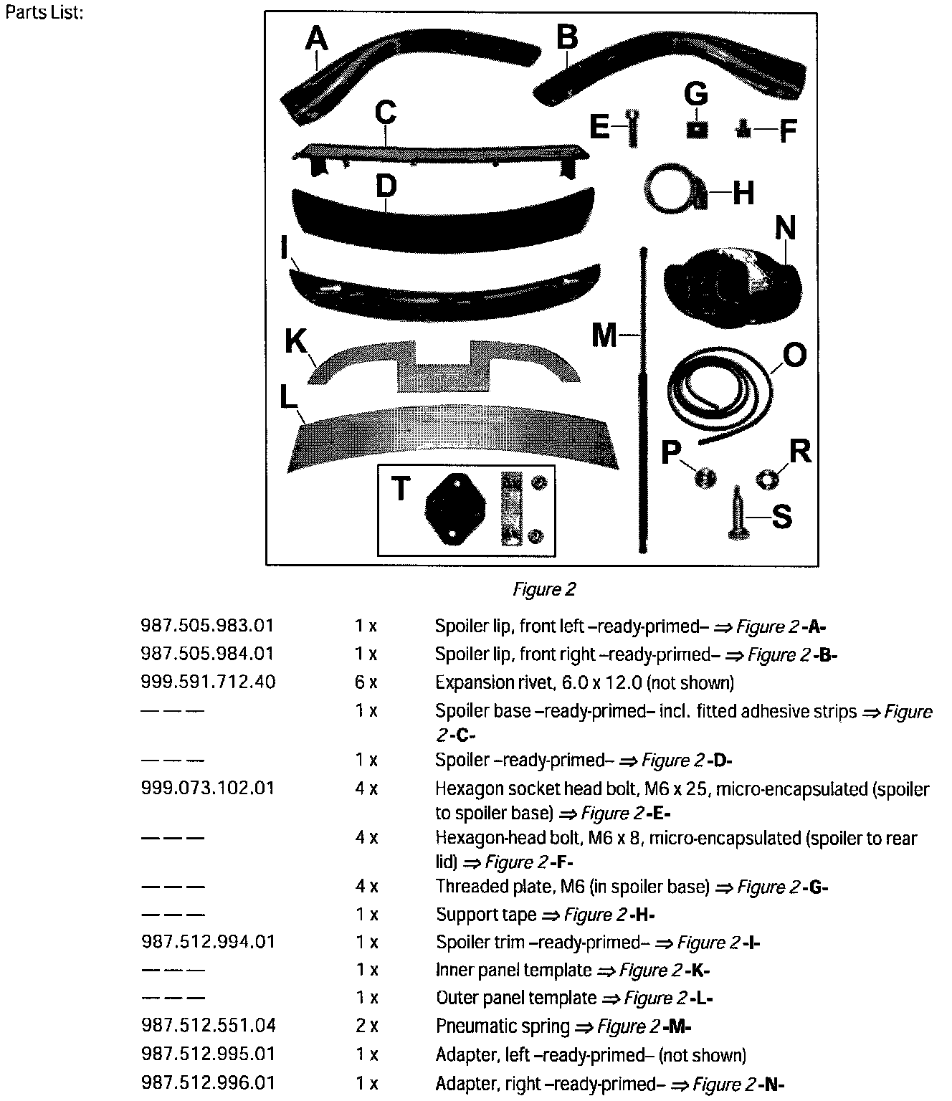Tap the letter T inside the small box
(401, 490)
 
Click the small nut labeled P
(705, 477)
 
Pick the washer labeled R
(766, 477)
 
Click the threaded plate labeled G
(696, 130)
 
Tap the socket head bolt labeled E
(632, 128)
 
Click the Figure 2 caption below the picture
(544, 589)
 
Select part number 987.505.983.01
(207, 626)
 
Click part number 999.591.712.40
(207, 682)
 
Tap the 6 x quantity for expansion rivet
(366, 682)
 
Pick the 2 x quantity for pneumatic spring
(366, 1026)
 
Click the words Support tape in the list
(485, 915)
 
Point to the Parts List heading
(44, 14)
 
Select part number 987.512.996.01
(207, 1082)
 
